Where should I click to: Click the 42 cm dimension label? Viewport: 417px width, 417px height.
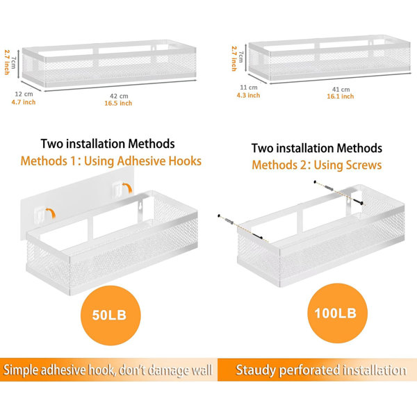[x=119, y=96]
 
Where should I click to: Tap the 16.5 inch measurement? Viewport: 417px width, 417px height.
[x=118, y=103]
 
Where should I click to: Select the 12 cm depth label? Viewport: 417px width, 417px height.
[x=24, y=94]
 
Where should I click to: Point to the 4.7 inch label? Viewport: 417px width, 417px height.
[x=24, y=102]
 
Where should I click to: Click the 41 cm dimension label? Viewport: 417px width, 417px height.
[x=341, y=90]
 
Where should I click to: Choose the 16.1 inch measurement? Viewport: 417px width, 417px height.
[x=341, y=97]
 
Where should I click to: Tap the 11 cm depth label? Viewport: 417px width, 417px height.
[x=249, y=88]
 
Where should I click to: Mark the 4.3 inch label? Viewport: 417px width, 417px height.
[x=248, y=95]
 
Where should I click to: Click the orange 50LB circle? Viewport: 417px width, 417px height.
[x=111, y=315]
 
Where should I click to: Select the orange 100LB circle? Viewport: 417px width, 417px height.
[x=337, y=313]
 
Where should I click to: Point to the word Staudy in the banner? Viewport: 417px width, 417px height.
[x=255, y=370]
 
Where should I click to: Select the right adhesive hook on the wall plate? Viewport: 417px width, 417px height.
[x=117, y=188]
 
